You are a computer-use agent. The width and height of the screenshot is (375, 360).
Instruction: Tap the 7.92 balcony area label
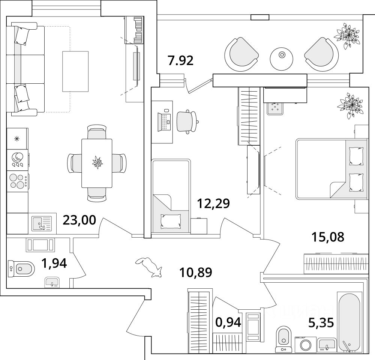(x=180, y=60)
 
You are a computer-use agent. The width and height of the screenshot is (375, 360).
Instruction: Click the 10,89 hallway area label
(x=196, y=272)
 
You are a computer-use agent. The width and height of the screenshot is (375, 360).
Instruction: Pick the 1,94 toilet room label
(x=54, y=264)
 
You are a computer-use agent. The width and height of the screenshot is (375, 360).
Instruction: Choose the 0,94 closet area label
(x=228, y=322)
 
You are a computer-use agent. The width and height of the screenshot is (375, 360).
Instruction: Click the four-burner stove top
(x=17, y=181)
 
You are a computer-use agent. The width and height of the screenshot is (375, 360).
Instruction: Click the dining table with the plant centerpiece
(x=97, y=163)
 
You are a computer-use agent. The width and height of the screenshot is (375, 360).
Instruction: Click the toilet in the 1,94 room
(x=22, y=268)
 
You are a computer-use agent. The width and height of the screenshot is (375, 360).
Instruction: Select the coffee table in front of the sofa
(x=75, y=71)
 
